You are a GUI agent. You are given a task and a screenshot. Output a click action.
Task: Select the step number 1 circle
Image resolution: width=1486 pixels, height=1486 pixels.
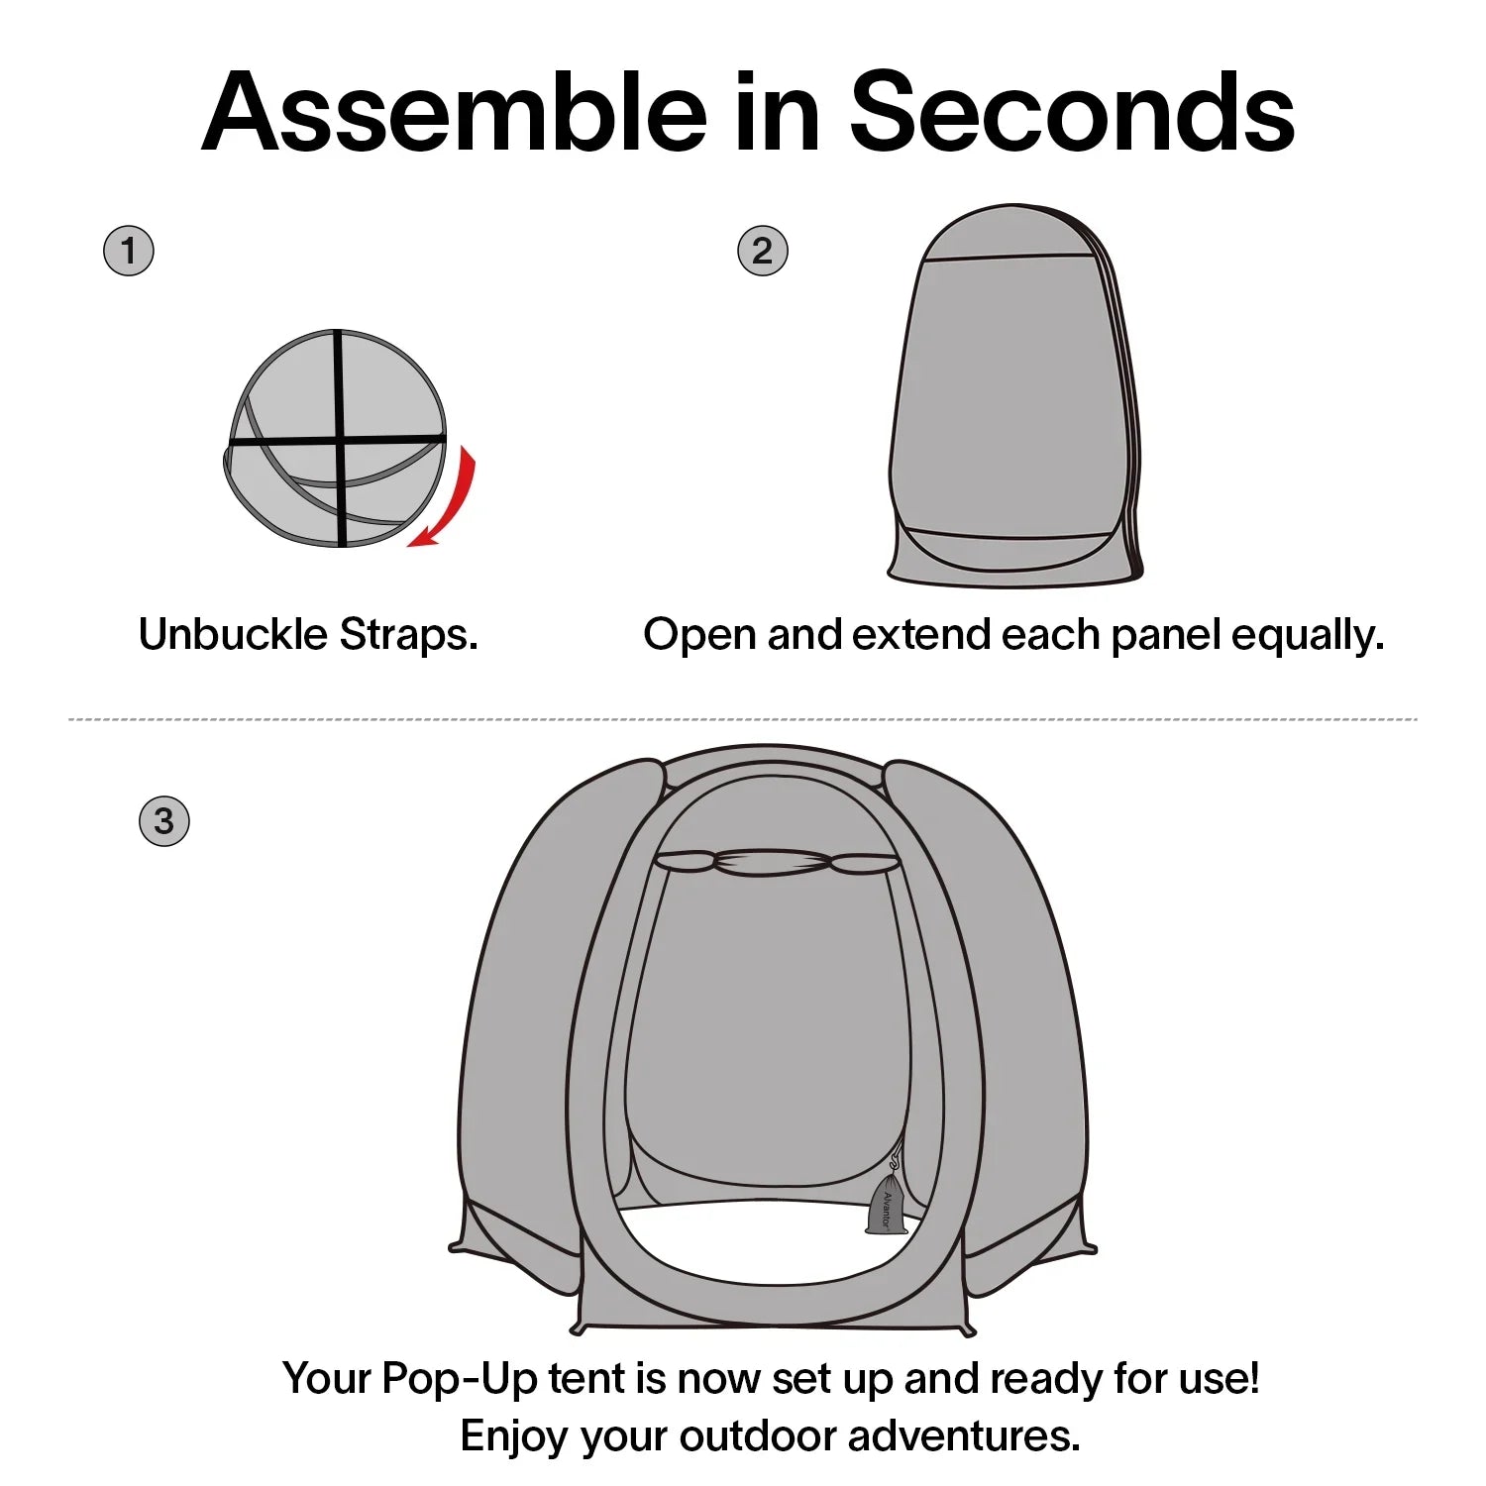129,251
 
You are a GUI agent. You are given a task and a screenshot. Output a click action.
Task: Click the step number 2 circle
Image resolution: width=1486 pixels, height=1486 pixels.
763,251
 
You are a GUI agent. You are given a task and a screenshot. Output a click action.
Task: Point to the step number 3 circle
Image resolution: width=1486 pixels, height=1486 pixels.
164,820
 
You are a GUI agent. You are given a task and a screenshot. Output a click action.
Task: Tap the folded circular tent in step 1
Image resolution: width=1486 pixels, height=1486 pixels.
335,438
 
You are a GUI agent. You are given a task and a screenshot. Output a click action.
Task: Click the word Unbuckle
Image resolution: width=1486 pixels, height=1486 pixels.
233,634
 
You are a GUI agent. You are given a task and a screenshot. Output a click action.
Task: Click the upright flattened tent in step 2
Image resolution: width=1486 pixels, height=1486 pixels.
1014,396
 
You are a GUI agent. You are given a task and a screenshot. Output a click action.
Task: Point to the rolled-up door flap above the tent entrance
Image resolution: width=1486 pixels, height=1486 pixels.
778,862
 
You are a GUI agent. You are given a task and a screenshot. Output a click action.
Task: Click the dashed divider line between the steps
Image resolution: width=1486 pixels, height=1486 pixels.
743,719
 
